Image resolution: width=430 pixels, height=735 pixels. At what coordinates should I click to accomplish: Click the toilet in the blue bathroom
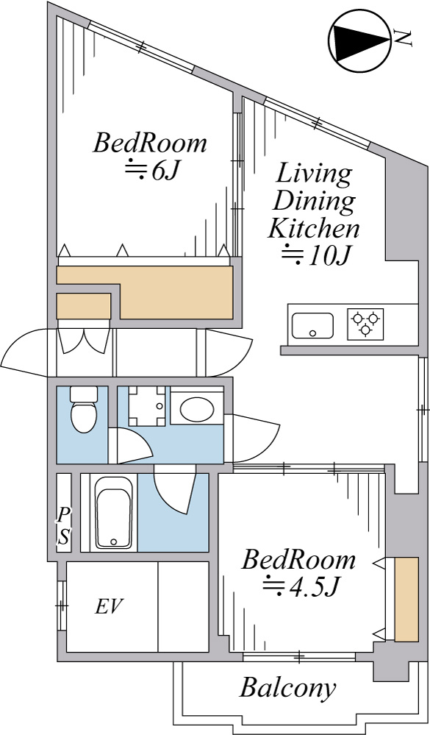click(x=83, y=409)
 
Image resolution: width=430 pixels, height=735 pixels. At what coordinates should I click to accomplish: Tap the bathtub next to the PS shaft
click(x=114, y=513)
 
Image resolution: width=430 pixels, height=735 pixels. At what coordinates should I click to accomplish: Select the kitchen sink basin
click(x=312, y=325)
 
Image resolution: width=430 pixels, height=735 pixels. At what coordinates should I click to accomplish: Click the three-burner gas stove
click(x=365, y=324)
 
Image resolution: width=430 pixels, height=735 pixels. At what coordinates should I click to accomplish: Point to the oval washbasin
click(x=197, y=409)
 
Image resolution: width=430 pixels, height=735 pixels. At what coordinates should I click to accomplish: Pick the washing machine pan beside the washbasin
click(x=146, y=406)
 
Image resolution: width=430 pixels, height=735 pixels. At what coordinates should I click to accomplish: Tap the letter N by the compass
click(x=404, y=38)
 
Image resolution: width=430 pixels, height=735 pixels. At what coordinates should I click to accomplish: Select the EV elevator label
click(x=109, y=607)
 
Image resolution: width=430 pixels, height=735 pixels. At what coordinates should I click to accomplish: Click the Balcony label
click(x=287, y=689)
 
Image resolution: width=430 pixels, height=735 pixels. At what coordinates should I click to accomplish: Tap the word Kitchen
click(x=313, y=230)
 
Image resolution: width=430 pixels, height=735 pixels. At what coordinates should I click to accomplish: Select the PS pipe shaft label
click(x=63, y=526)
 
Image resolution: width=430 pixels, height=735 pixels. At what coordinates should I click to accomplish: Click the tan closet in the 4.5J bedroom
click(x=406, y=599)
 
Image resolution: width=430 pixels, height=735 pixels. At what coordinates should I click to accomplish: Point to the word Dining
click(x=313, y=202)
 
